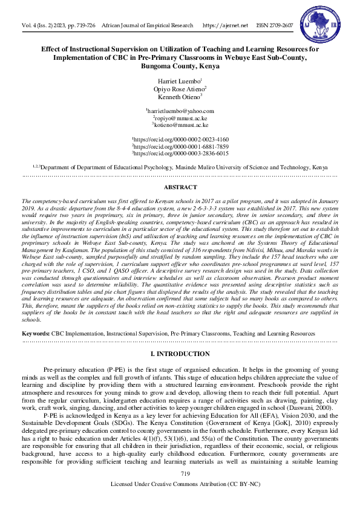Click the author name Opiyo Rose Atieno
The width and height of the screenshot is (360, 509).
pyautogui.click(x=180, y=88)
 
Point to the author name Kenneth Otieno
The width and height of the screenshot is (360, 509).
pyautogui.click(x=180, y=96)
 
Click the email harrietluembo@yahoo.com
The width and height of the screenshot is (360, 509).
pyautogui.click(x=180, y=111)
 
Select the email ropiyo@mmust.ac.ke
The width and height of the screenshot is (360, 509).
pyautogui.click(x=180, y=118)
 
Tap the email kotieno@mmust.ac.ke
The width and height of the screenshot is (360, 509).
pyautogui.click(x=180, y=126)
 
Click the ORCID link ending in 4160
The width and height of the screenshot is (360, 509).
pyautogui.click(x=180, y=139)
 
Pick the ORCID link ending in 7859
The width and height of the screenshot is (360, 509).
pyautogui.click(x=180, y=146)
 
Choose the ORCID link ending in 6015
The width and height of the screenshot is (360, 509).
pyautogui.click(x=180, y=154)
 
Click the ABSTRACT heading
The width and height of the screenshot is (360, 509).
pyautogui.click(x=180, y=188)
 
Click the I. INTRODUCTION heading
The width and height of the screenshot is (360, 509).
pyautogui.click(x=180, y=354)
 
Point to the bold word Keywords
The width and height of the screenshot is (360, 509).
pyautogui.click(x=36, y=333)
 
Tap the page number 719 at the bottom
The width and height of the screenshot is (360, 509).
pyautogui.click(x=180, y=490)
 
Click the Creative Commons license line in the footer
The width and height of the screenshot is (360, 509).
pyautogui.click(x=180, y=501)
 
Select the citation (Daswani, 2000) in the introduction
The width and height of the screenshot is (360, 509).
pyautogui.click(x=314, y=408)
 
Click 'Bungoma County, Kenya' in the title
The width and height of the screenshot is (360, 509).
pyautogui.click(x=180, y=66)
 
